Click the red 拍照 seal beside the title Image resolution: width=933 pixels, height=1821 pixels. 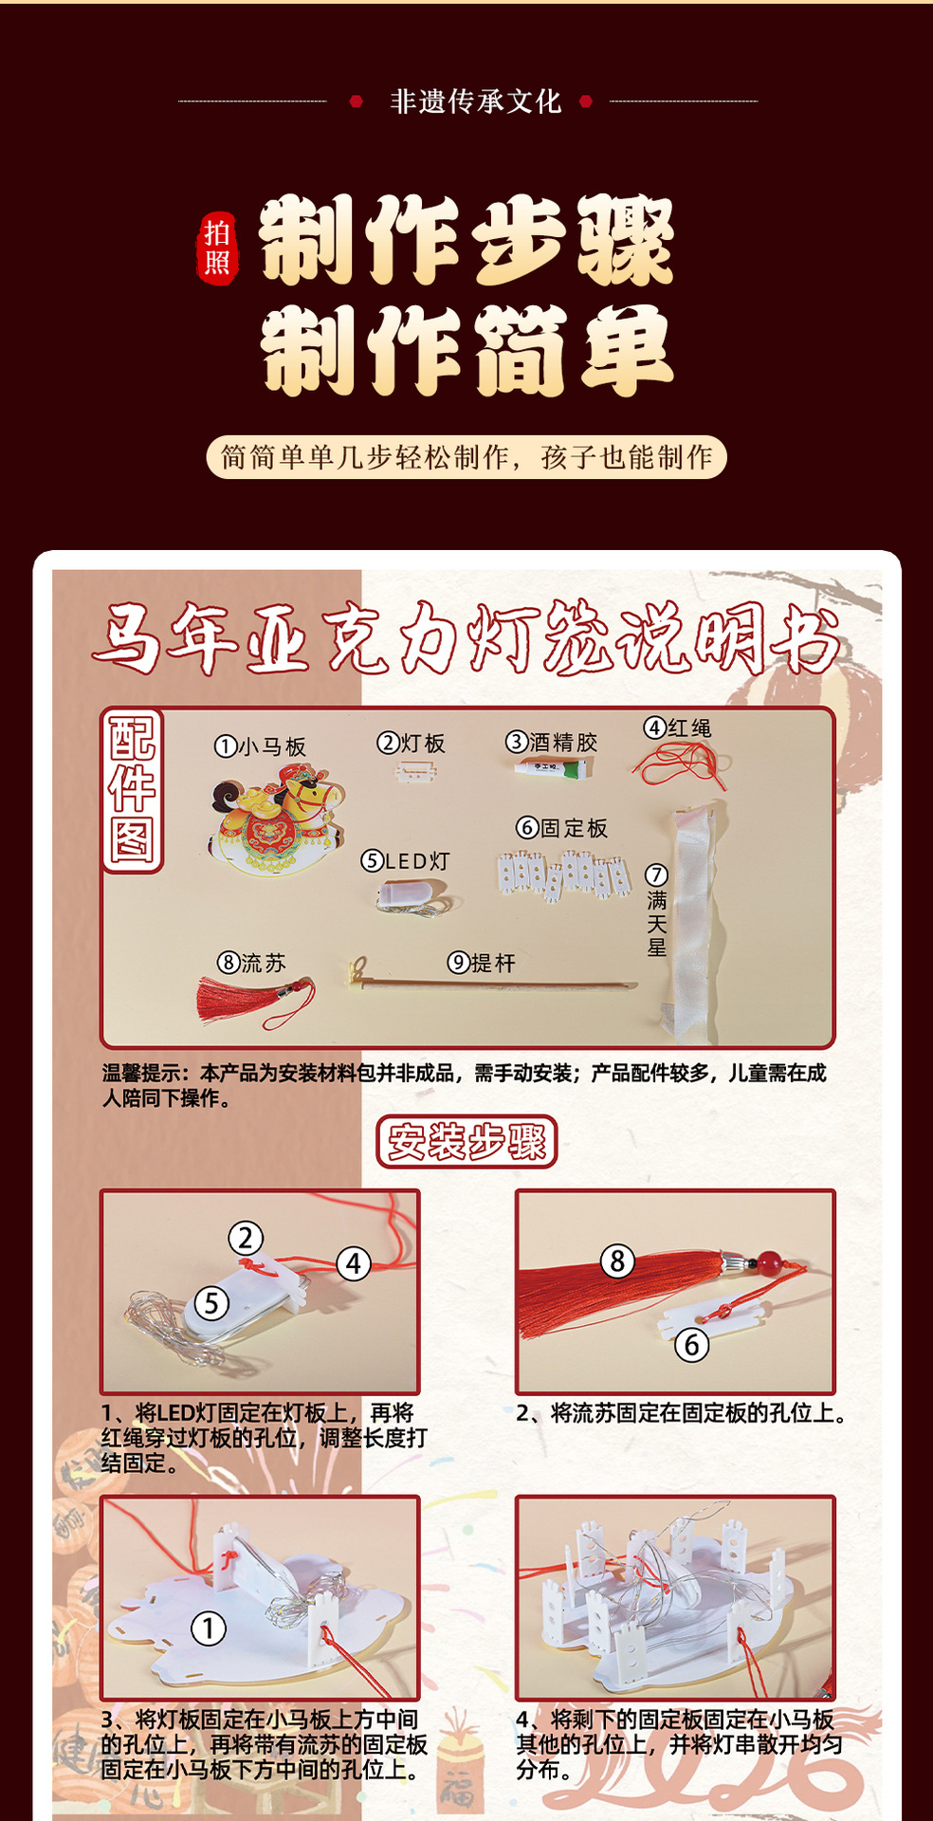(x=217, y=248)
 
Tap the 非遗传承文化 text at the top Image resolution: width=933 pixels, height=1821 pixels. (x=475, y=101)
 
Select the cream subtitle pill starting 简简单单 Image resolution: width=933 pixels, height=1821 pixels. (x=466, y=457)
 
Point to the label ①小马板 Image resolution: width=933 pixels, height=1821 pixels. (x=261, y=747)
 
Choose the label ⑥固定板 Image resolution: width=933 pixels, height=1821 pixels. (x=562, y=828)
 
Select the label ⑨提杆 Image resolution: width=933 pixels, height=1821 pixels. (x=482, y=964)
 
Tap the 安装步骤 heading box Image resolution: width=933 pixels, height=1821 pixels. (x=466, y=1141)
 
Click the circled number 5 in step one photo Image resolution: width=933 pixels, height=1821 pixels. (x=211, y=1303)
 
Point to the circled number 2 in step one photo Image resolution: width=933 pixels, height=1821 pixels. (x=246, y=1238)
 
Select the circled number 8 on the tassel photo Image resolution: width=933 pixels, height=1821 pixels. (x=617, y=1260)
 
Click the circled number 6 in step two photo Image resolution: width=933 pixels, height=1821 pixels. (x=691, y=1344)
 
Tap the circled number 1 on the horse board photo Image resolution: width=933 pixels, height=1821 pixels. (x=209, y=1628)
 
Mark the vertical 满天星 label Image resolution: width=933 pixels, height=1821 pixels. (x=657, y=911)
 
